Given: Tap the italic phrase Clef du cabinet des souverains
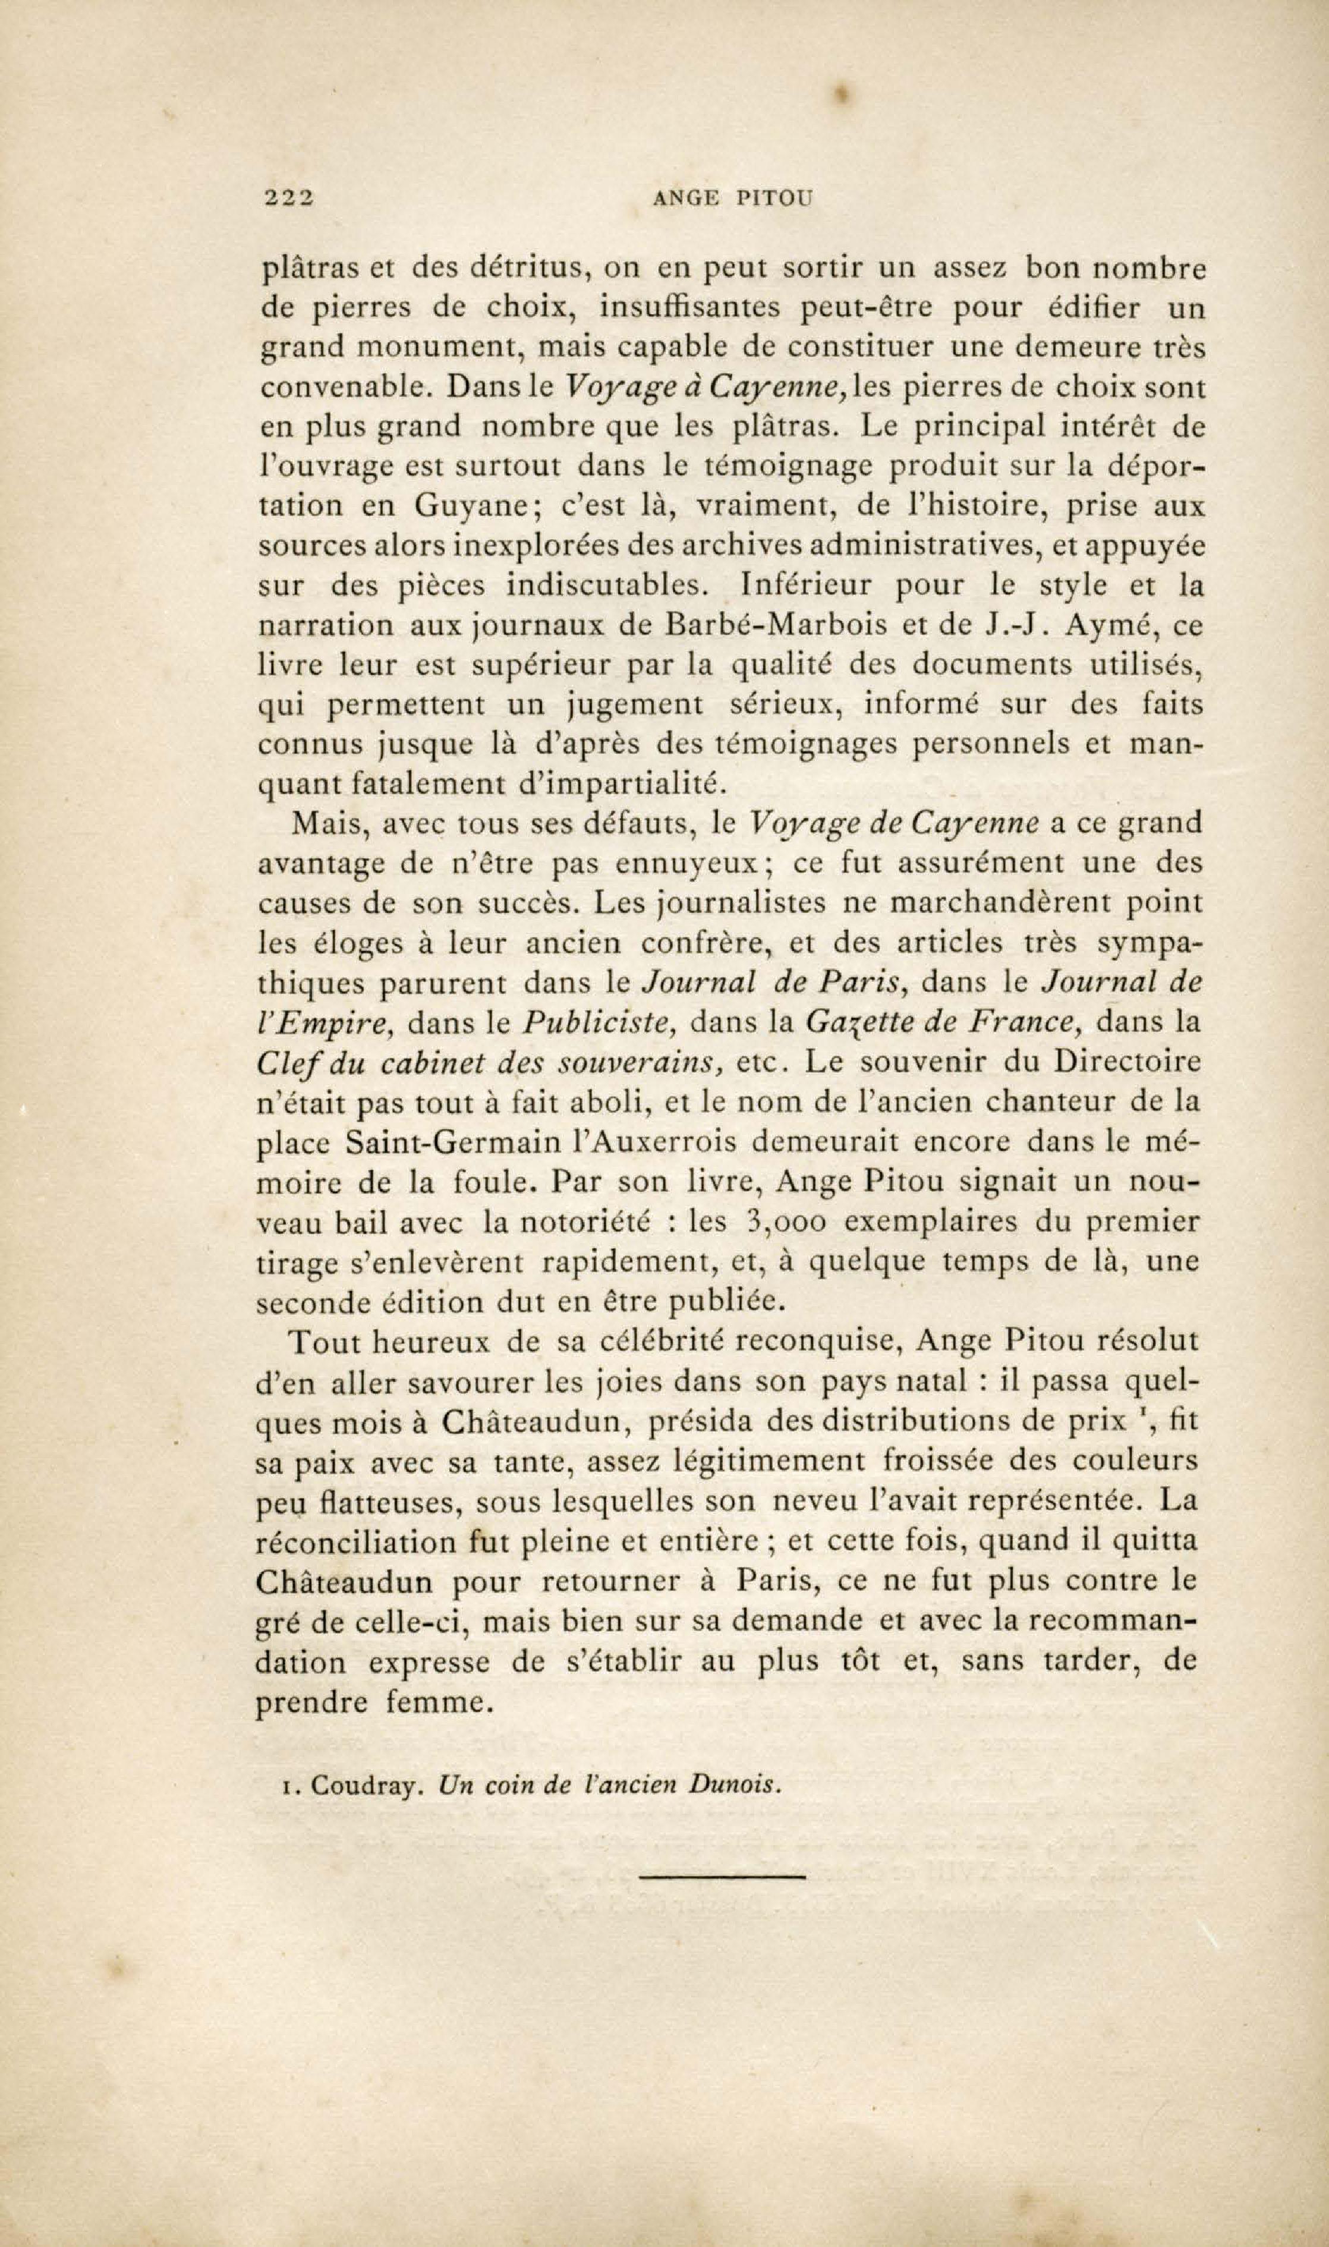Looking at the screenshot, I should pyautogui.click(x=491, y=1063).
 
